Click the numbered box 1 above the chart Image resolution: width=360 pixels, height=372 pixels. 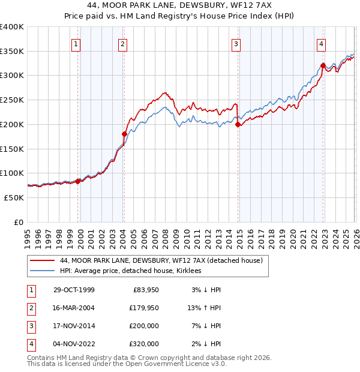[77, 43]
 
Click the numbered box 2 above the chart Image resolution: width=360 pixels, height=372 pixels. [122, 43]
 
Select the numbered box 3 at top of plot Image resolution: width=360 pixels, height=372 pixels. [236, 43]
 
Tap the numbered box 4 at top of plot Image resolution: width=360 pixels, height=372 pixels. [322, 43]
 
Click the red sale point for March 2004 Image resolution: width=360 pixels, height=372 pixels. [124, 134]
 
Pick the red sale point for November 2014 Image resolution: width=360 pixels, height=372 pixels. [238, 125]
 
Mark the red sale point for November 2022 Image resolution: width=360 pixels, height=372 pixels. [323, 65]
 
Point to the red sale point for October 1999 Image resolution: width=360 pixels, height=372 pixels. [78, 181]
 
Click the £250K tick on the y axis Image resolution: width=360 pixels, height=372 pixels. [12, 100]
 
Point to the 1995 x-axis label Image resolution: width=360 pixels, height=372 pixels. [28, 234]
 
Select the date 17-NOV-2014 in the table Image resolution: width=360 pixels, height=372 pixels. [74, 326]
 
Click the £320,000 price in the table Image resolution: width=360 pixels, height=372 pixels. [144, 344]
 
